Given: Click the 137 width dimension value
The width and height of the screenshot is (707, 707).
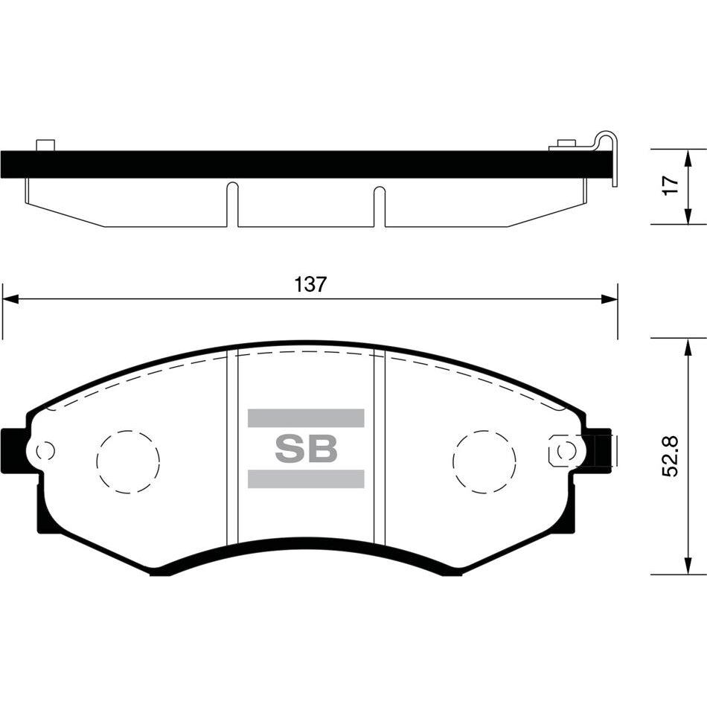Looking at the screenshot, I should click(x=310, y=284).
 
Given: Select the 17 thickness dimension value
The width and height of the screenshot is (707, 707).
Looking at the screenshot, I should click(x=670, y=186).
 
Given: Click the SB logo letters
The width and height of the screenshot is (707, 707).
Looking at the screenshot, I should click(x=306, y=448).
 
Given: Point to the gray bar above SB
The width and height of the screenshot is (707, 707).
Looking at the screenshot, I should click(x=306, y=418).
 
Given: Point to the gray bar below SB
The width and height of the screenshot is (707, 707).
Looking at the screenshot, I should click(x=306, y=479).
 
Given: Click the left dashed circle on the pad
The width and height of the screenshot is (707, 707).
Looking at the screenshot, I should click(x=128, y=461).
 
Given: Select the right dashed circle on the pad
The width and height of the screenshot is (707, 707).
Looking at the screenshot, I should click(x=484, y=461).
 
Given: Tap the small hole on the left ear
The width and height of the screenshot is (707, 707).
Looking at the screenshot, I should click(x=45, y=450).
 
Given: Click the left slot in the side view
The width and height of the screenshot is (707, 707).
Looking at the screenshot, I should click(x=232, y=205).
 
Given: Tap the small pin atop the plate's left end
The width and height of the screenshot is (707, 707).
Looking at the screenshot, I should click(x=46, y=144).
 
